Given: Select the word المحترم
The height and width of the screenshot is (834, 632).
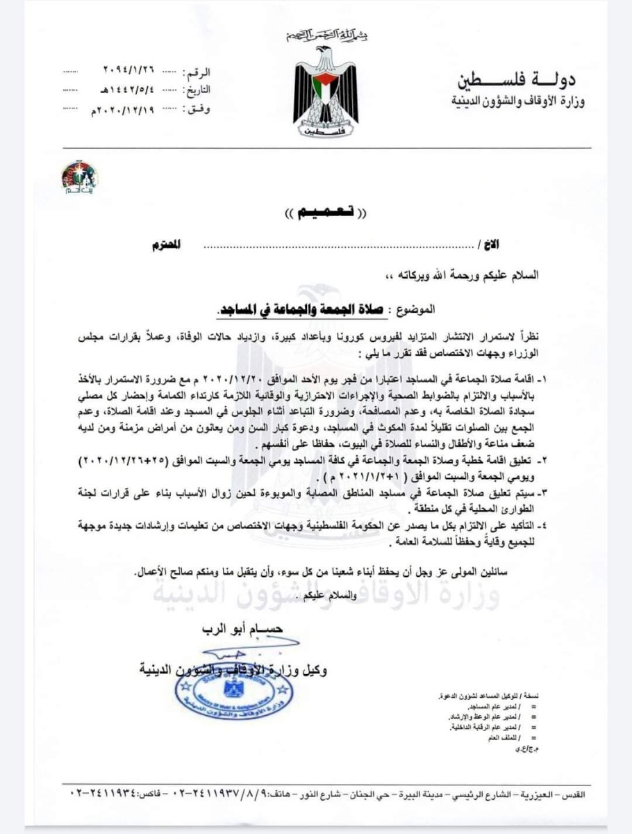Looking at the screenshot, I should click(166, 247).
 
